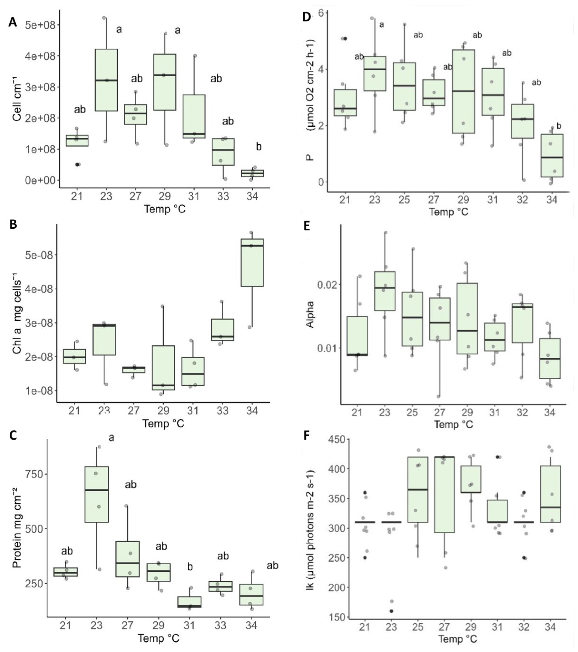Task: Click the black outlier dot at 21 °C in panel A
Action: (x=77, y=165)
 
